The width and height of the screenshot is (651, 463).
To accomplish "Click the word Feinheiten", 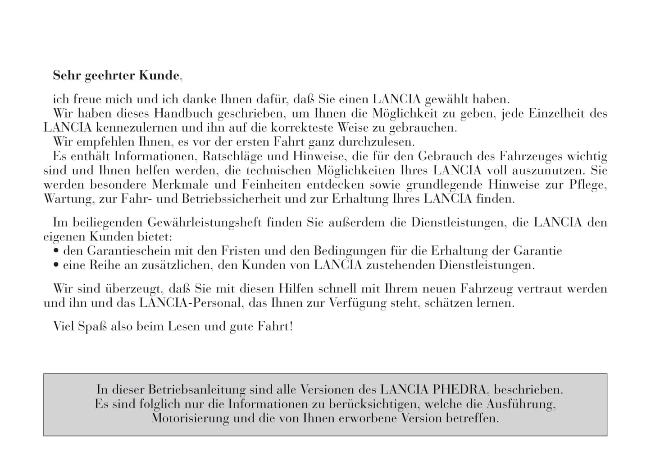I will (x=273, y=185).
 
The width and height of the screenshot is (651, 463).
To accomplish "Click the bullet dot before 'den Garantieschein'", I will (x=56, y=251).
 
